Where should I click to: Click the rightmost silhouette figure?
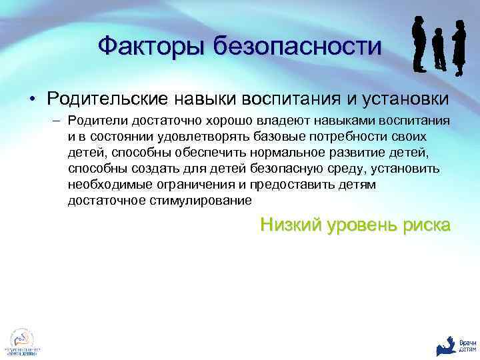[x=459, y=47]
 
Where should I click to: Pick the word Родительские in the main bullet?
[x=107, y=99]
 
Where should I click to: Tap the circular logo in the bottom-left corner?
[x=21, y=340]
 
